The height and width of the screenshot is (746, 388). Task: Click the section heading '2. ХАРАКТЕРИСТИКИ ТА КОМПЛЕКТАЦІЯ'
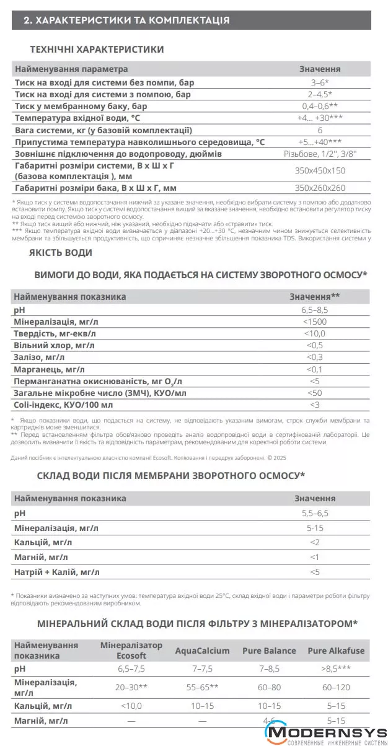pos(126,20)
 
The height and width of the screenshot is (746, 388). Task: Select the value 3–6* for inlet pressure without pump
pos(319,82)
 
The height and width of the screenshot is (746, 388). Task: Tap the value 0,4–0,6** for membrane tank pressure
pos(319,106)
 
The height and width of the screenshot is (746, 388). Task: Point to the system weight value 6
pos(319,130)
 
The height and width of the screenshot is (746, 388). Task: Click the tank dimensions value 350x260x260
pos(319,188)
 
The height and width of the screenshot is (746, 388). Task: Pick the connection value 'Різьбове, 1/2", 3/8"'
pos(319,154)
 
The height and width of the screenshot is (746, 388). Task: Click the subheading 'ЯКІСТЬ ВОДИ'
pos(61,252)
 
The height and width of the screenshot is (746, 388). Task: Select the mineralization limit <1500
pos(315,322)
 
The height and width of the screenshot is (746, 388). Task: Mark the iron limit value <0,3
pos(315,357)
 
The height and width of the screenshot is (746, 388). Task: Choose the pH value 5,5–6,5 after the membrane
pos(315,514)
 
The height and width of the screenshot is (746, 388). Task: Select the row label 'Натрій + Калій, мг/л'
pos(56,572)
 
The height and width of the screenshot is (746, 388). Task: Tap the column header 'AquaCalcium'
pos(202,651)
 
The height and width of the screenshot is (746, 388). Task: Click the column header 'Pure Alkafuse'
pos(336,651)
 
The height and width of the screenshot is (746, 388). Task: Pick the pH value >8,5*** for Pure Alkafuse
pos(336,670)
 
